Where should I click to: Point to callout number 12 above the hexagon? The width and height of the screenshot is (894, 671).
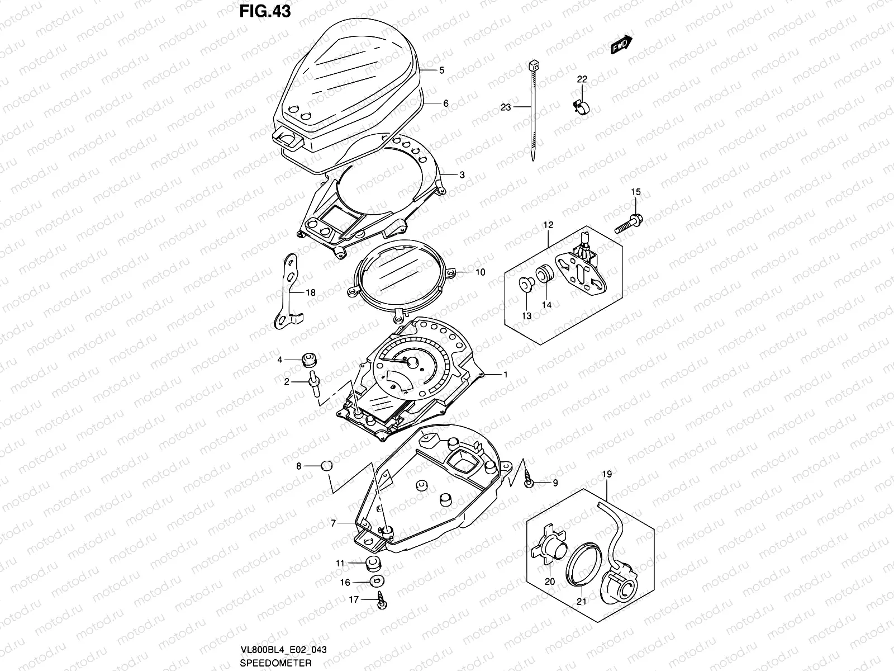[x=548, y=225]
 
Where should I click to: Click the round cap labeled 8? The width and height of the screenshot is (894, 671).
[x=326, y=466]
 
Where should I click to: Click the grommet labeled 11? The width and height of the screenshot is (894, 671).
[x=372, y=563]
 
